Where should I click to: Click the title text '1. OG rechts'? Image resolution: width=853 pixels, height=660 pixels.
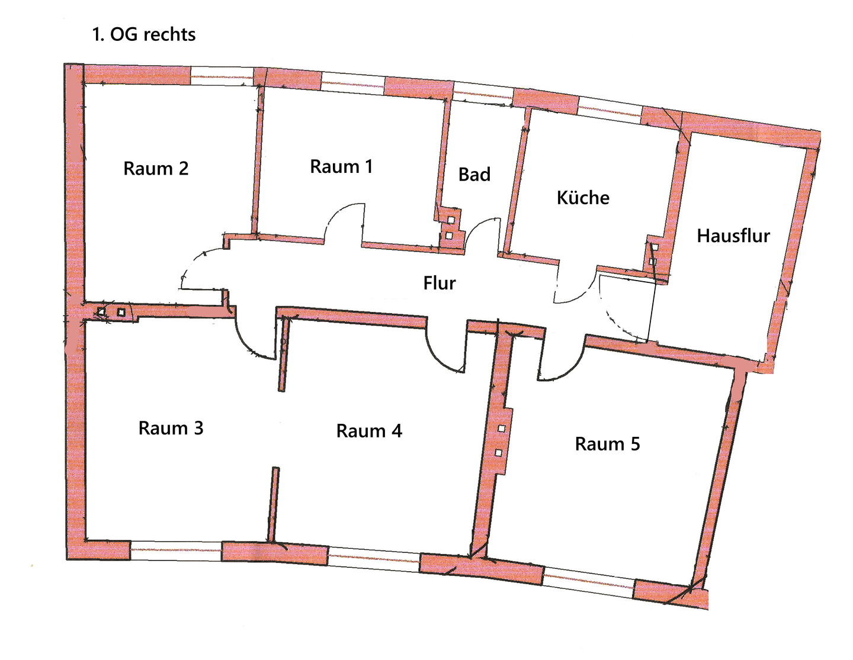pyautogui.click(x=144, y=34)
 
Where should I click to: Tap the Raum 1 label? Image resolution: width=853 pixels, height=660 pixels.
pyautogui.click(x=341, y=167)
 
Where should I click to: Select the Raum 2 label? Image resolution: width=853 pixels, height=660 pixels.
pyautogui.click(x=156, y=169)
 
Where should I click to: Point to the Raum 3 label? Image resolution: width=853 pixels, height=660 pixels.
pyautogui.click(x=171, y=428)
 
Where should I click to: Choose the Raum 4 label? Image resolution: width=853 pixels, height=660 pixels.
pyautogui.click(x=369, y=431)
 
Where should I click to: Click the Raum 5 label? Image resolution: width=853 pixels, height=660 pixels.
pyautogui.click(x=607, y=444)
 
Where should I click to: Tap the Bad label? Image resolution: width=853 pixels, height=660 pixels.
pyautogui.click(x=474, y=175)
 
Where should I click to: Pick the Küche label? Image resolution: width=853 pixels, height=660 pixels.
pyautogui.click(x=583, y=198)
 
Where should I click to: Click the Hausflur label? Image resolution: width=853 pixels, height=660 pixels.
pyautogui.click(x=733, y=236)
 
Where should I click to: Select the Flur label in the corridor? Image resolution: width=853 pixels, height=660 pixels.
pyautogui.click(x=440, y=283)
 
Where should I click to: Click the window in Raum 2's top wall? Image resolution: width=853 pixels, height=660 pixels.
pyautogui.click(x=222, y=76)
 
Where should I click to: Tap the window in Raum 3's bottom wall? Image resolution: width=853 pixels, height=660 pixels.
pyautogui.click(x=176, y=550)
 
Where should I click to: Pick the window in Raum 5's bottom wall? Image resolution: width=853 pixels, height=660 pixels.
pyautogui.click(x=589, y=582)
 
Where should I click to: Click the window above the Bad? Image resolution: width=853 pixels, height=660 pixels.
pyautogui.click(x=483, y=94)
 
